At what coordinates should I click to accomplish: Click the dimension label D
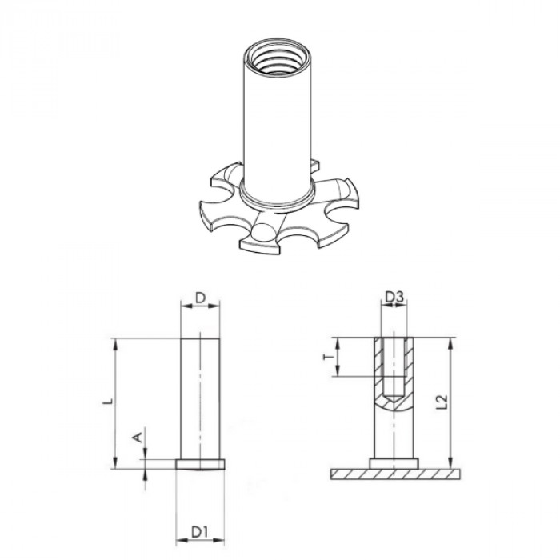click(x=201, y=299)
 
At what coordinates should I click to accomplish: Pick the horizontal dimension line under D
click(x=201, y=310)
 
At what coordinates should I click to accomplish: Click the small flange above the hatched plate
click(x=392, y=462)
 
